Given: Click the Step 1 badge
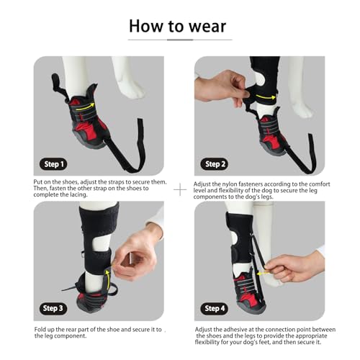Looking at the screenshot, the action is (53, 164).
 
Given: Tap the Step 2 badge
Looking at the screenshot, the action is (215, 164).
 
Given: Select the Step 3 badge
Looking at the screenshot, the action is (53, 308).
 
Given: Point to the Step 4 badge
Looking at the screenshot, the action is (215, 308).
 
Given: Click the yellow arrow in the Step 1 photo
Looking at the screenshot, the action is (85, 107).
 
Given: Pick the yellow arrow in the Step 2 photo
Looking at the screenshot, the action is (266, 97).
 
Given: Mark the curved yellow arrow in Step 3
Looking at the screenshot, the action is (109, 279).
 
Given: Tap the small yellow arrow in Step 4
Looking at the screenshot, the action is (263, 273).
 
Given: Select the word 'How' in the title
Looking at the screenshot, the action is (146, 26).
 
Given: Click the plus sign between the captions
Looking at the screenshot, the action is (180, 190).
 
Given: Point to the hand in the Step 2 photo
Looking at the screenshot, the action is (221, 88).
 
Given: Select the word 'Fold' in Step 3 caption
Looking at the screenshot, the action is (40, 330).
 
